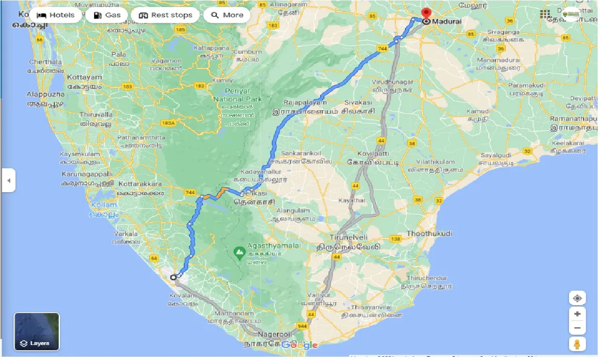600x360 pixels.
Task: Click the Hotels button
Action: pyautogui.click(x=56, y=15)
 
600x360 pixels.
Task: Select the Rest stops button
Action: pyautogui.click(x=166, y=15)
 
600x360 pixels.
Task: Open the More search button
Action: pyautogui.click(x=227, y=15)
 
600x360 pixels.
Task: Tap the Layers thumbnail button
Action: pyautogui.click(x=37, y=331)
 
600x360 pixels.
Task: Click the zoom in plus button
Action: pyautogui.click(x=577, y=314)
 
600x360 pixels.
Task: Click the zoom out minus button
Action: pyautogui.click(x=577, y=328)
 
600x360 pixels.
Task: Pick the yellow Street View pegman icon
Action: pyautogui.click(x=577, y=345)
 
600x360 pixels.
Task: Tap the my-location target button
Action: pyautogui.click(x=577, y=298)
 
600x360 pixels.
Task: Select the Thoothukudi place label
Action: pyautogui.click(x=429, y=233)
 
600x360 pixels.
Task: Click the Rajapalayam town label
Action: pyautogui.click(x=305, y=102)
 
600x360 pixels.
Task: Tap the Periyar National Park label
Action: pyautogui.click(x=238, y=95)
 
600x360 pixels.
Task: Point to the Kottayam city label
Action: pyautogui.click(x=84, y=77)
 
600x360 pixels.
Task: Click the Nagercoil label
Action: pyautogui.click(x=275, y=334)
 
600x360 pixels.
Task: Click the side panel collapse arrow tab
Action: pyautogui.click(x=8, y=180)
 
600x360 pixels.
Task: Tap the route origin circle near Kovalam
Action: pyautogui.click(x=173, y=277)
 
